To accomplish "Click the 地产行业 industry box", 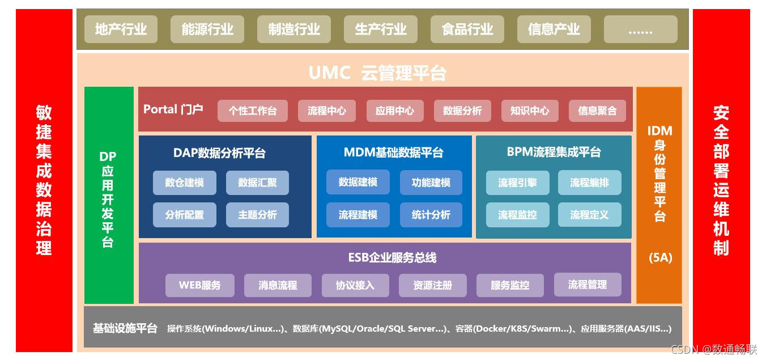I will point(121,29).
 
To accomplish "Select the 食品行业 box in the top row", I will point(467,29).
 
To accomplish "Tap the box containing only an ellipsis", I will point(640,29).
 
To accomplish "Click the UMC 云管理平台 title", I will point(377,73).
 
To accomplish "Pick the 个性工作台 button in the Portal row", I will point(253,111).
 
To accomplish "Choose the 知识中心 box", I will point(530,111).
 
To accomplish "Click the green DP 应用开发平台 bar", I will point(108,196).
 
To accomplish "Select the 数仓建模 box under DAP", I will point(185,183).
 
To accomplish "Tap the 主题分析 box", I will point(258,215).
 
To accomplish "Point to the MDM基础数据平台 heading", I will point(394,153).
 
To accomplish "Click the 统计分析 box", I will point(431,215).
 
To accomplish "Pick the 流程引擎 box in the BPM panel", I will point(517,183).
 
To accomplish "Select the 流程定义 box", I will point(589,215).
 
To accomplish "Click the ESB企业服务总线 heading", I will point(392,258).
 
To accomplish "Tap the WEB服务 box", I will point(199,285).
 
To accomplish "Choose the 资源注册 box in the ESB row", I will point(433,285).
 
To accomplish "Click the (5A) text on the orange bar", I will point(660,258).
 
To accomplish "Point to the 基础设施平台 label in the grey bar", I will point(125,328).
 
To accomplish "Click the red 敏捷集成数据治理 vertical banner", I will point(44,180).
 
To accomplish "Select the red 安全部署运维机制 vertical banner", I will point(721,180).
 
